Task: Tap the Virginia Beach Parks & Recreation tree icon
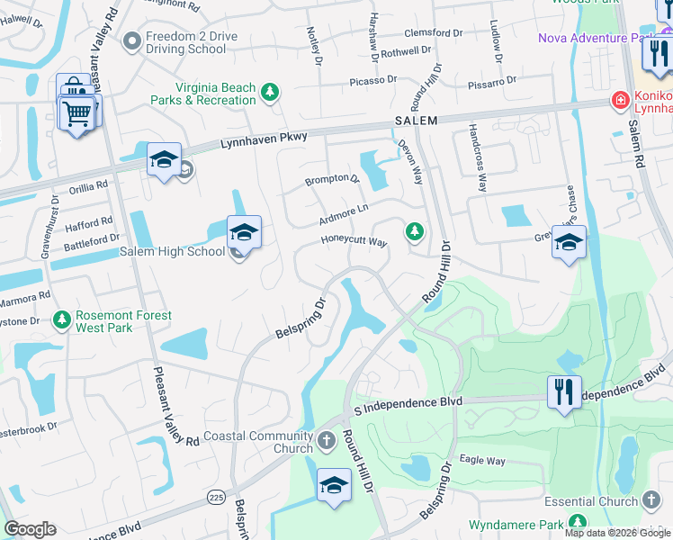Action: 269,93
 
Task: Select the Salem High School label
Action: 172,252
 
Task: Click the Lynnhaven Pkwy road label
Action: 265,138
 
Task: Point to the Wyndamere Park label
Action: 516,525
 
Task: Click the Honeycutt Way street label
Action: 354,241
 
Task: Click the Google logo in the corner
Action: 31,529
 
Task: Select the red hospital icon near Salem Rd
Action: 619,100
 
